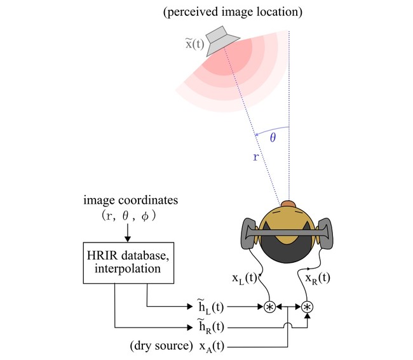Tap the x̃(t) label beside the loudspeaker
pyautogui.click(x=195, y=44)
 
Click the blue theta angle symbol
pyautogui.click(x=273, y=137)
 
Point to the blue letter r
pyautogui.click(x=256, y=157)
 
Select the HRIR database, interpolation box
pyautogui.click(x=128, y=263)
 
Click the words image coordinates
pyautogui.click(x=131, y=200)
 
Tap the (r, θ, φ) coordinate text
pyautogui.click(x=129, y=216)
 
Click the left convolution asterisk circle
pyautogui.click(x=269, y=307)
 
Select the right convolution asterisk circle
pyautogui.click(x=307, y=307)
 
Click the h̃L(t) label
pyautogui.click(x=211, y=307)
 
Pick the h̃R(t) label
pyautogui.click(x=211, y=327)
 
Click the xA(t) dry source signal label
pyautogui.click(x=212, y=347)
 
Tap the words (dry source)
pyautogui.click(x=161, y=345)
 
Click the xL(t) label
pyautogui.click(x=245, y=279)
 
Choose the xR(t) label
pyautogui.click(x=318, y=279)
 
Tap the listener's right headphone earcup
pyautogui.click(x=325, y=233)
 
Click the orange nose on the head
pyautogui.click(x=288, y=204)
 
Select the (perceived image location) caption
pyautogui.click(x=233, y=12)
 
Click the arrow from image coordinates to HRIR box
pyautogui.click(x=128, y=232)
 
